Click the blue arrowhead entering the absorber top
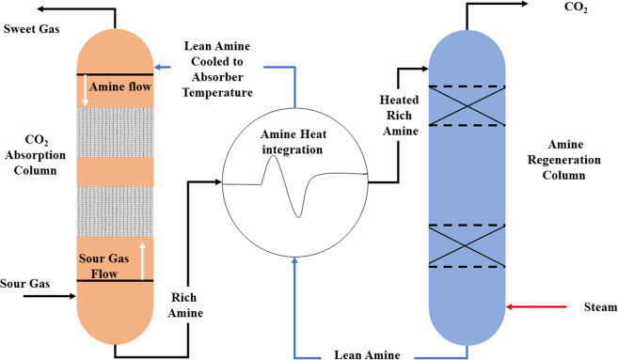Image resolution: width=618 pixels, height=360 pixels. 159,67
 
